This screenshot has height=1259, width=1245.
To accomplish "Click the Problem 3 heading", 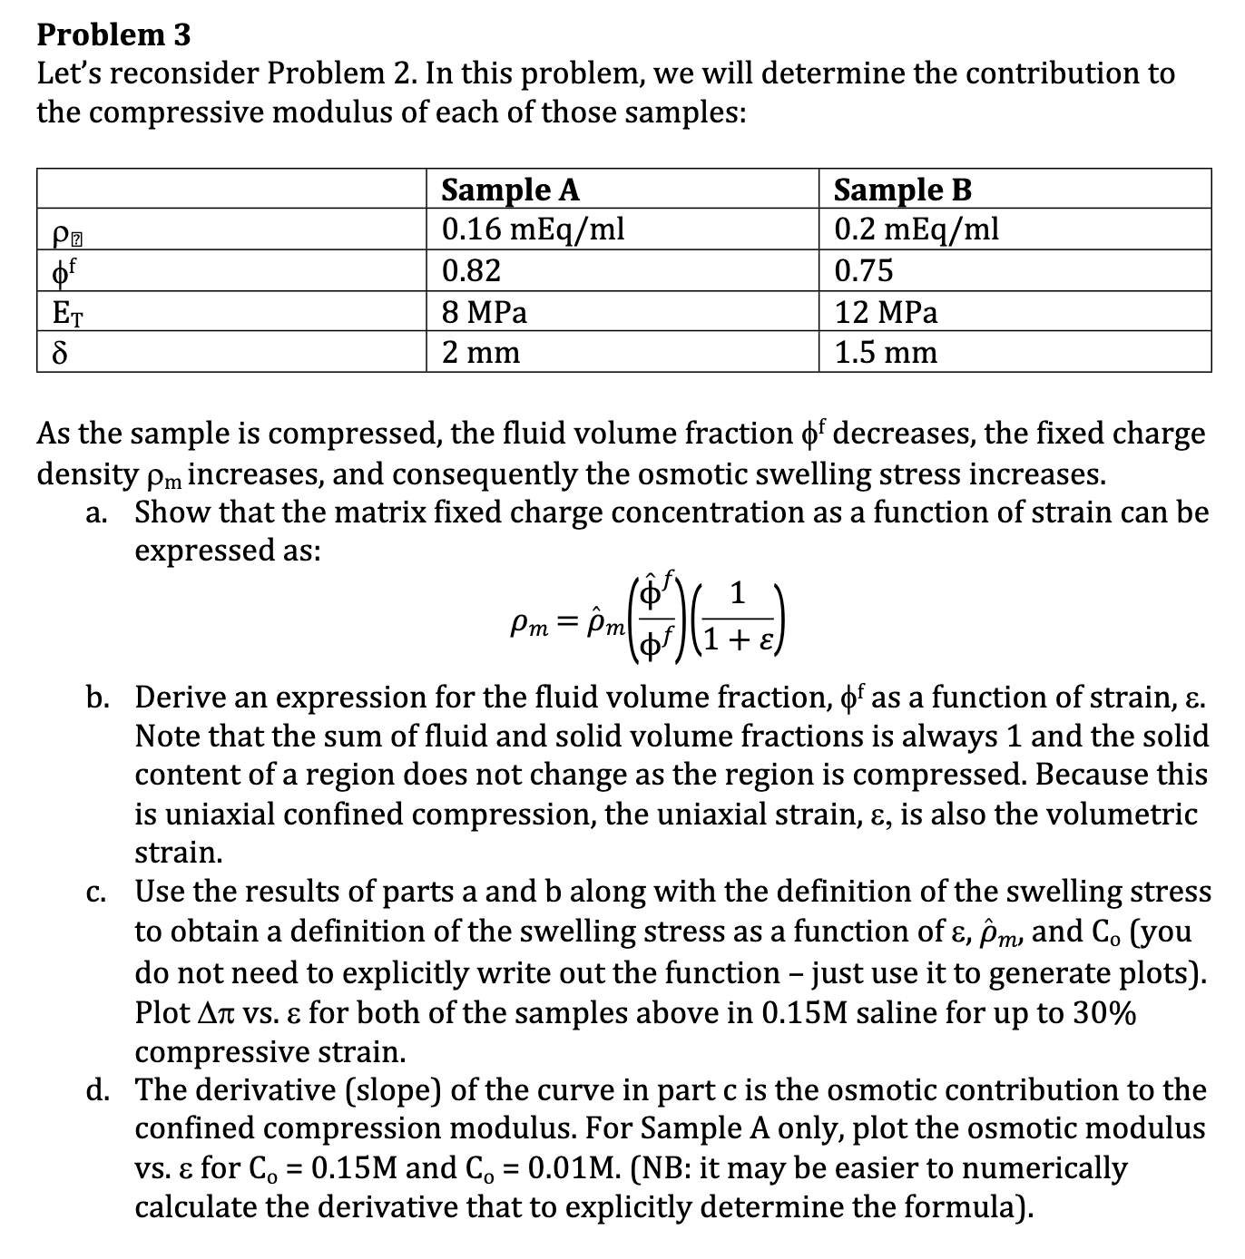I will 114,34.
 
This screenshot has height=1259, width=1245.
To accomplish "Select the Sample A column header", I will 510,190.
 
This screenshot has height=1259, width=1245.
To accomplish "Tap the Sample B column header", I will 903,190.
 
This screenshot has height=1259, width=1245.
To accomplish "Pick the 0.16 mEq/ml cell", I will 533,229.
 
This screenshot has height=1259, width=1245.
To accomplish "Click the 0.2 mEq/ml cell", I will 917,229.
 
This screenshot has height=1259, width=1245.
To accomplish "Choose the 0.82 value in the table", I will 471,270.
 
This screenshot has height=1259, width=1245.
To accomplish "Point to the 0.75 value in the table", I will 864,270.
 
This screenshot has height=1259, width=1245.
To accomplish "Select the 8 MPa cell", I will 485,312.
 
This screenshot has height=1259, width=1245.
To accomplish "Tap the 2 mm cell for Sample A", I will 481,352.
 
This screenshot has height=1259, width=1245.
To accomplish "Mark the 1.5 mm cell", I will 886,352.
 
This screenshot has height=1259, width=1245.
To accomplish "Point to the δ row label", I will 61,352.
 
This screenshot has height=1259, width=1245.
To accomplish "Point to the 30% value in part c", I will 1104,1012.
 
